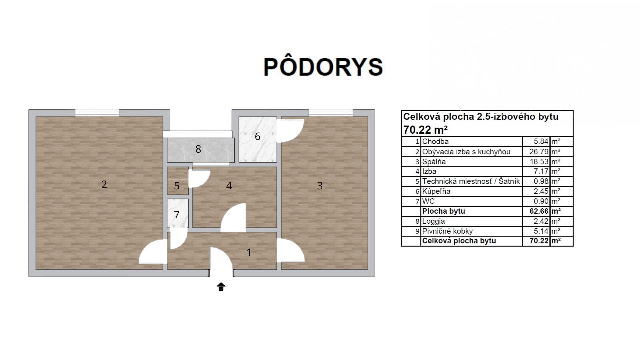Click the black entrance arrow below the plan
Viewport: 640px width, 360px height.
coord(221,287)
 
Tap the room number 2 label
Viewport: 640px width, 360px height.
coord(104,184)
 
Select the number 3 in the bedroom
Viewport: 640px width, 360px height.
coord(320,186)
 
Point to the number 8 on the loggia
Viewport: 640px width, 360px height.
coord(198,149)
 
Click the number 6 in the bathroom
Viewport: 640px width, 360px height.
coord(257,136)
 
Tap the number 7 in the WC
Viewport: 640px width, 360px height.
coord(177,215)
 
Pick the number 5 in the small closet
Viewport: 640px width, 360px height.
coord(177,186)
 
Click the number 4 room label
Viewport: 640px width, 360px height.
coord(229,186)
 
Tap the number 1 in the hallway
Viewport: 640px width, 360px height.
coord(249,252)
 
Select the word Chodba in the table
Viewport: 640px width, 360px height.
coord(435,141)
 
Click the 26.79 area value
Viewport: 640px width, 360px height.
coord(539,152)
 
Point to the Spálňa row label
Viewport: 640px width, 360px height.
coord(434,162)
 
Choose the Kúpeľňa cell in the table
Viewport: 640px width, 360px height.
coord(436,191)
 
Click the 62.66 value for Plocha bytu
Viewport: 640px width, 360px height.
coord(539,211)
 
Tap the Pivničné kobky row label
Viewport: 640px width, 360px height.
coord(447,231)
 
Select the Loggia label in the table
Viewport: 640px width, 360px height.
coord(433,221)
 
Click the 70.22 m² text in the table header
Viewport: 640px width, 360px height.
coord(425,129)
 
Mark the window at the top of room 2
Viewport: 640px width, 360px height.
coord(97,113)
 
